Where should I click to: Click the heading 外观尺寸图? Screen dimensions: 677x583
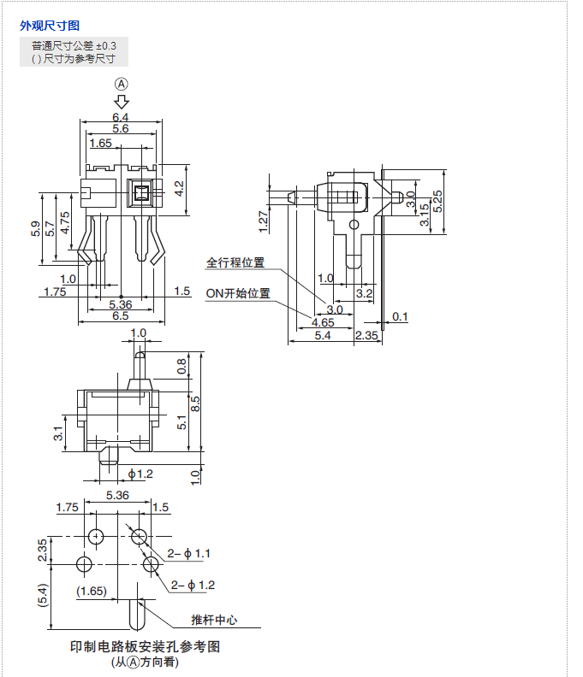pyautogui.click(x=50, y=26)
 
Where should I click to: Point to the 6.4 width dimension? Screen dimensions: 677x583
pyautogui.click(x=120, y=116)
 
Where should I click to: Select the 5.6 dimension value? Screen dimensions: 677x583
pyautogui.click(x=120, y=128)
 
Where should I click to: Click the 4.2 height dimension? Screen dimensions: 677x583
pyautogui.click(x=179, y=188)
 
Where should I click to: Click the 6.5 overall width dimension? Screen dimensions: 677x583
pyautogui.click(x=120, y=315)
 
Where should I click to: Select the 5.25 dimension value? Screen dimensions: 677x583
pyautogui.click(x=437, y=201)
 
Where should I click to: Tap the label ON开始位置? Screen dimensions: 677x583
pyautogui.click(x=237, y=293)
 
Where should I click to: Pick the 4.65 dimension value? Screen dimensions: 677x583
pyautogui.click(x=323, y=322)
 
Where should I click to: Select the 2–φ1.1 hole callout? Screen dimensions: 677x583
pyautogui.click(x=189, y=554)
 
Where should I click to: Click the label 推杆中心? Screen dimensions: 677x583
pyautogui.click(x=214, y=620)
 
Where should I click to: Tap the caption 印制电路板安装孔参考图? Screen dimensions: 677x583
pyautogui.click(x=145, y=646)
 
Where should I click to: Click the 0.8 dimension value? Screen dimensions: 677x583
pyautogui.click(x=181, y=366)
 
